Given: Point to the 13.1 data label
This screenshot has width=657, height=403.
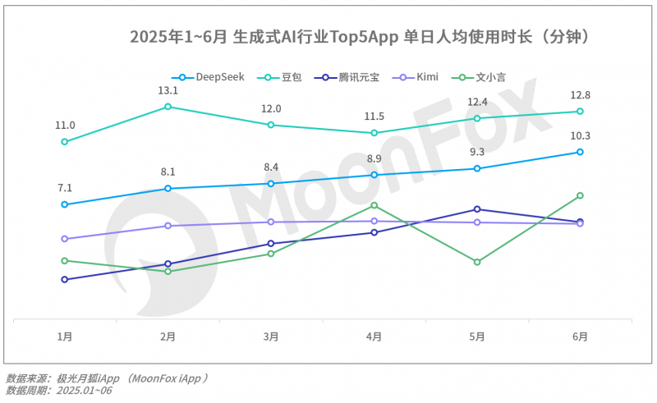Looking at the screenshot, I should [x=168, y=90].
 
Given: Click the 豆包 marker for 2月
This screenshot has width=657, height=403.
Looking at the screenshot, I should [x=168, y=106].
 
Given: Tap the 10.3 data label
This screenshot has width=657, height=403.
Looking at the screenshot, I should [x=580, y=136].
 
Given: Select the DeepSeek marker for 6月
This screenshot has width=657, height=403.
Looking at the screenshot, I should [x=580, y=152].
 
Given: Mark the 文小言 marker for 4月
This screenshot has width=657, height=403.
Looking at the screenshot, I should [x=374, y=205].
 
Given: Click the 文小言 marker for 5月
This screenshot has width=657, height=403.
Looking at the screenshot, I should [x=477, y=262].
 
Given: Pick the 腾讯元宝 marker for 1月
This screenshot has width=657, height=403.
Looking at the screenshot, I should [x=64, y=279].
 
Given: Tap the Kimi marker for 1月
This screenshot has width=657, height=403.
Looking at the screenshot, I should [x=64, y=239].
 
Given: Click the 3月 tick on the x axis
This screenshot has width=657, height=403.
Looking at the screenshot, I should [x=270, y=337].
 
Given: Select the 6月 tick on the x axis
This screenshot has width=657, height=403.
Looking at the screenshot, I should [x=580, y=337].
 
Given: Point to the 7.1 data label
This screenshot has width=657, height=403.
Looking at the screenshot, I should [x=64, y=188].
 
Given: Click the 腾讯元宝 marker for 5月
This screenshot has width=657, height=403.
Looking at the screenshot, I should [x=477, y=209].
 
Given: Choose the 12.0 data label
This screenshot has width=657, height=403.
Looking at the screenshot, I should [x=271, y=109].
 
